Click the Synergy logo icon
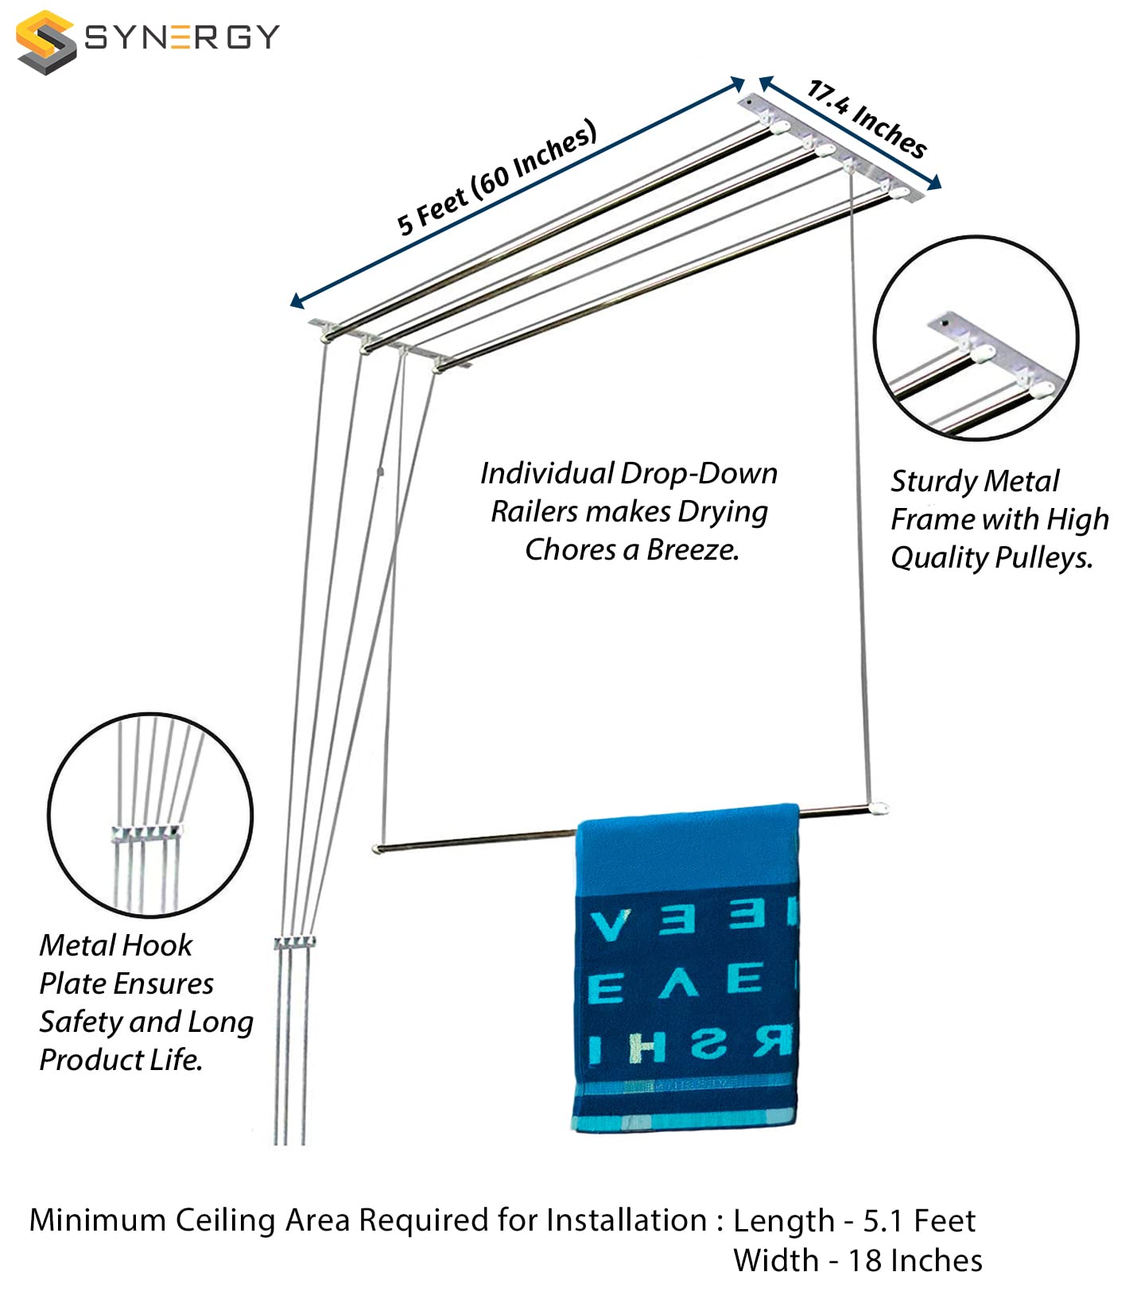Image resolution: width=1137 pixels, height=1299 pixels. (45, 41)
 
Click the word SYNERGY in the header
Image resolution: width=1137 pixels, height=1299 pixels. (182, 37)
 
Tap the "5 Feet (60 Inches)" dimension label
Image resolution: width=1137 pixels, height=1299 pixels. (497, 177)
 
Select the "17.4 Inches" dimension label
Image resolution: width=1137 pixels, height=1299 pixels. (867, 119)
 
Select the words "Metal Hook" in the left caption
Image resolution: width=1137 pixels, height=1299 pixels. (116, 945)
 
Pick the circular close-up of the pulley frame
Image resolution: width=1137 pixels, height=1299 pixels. (976, 338)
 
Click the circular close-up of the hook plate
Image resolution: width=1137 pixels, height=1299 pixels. (150, 815)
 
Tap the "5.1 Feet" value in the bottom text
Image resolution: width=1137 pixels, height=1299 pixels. (919, 1220)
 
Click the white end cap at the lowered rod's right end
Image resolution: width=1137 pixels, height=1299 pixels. (879, 808)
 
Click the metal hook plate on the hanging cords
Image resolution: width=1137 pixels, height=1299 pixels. (294, 944)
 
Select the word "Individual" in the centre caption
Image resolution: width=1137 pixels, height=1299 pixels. (546, 474)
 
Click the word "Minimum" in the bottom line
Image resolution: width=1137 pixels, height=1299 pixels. (98, 1220)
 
